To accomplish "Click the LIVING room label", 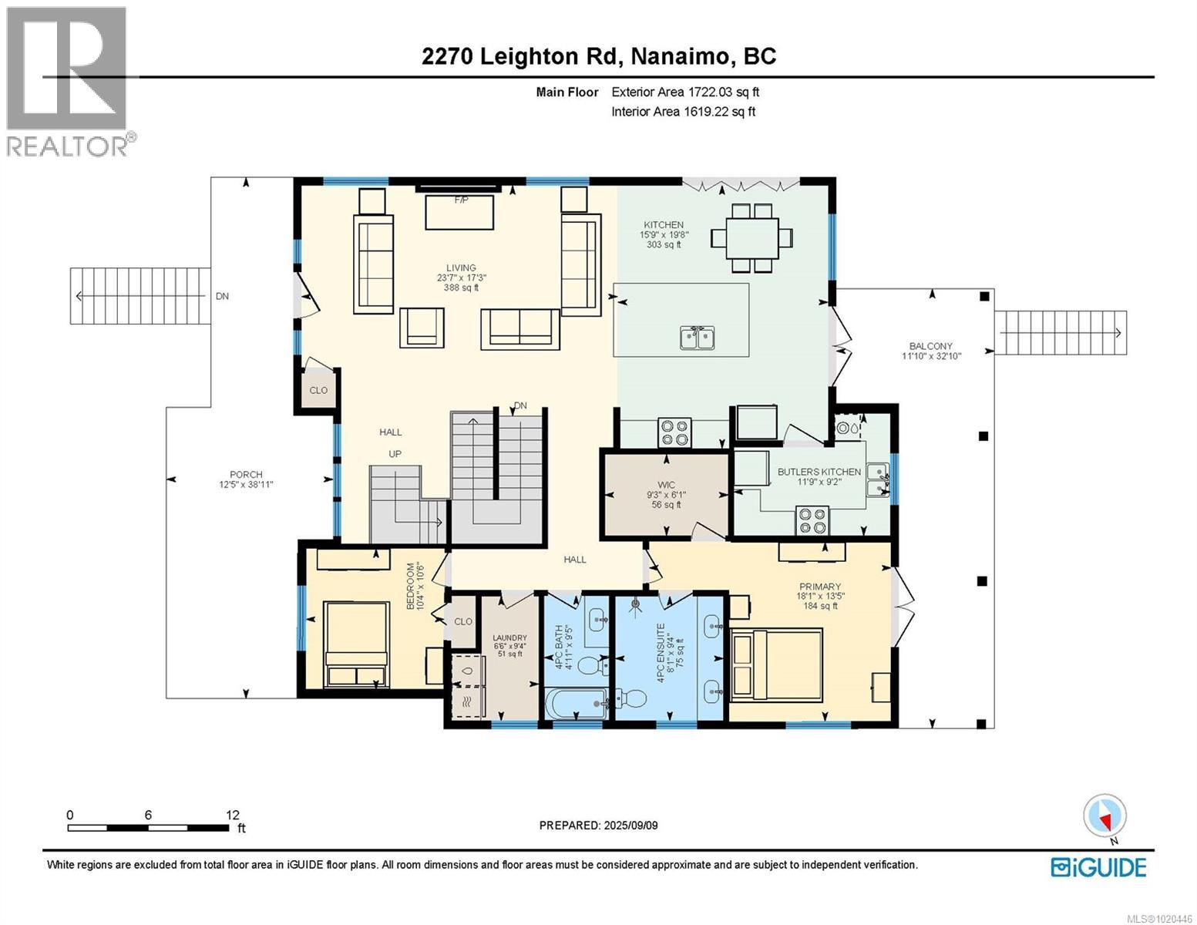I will point(461,268).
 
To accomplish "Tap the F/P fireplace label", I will point(461,200).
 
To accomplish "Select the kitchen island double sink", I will point(698,338).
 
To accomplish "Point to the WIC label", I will point(666,485).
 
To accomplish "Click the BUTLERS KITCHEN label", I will point(819,472).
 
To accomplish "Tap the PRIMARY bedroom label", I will point(819,587).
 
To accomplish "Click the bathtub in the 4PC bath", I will point(574,703).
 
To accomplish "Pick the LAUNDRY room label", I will point(509,638).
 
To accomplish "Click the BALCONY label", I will point(930,346).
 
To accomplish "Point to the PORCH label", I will point(246,475).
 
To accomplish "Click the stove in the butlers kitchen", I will point(812,520).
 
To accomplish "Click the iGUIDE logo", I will point(1098,867).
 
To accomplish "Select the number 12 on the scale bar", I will point(233,815).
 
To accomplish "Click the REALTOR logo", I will point(68,81).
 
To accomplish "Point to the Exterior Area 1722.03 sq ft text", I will point(684,92).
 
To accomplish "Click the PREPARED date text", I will point(598,826).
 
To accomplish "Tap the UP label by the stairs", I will point(395,454).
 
